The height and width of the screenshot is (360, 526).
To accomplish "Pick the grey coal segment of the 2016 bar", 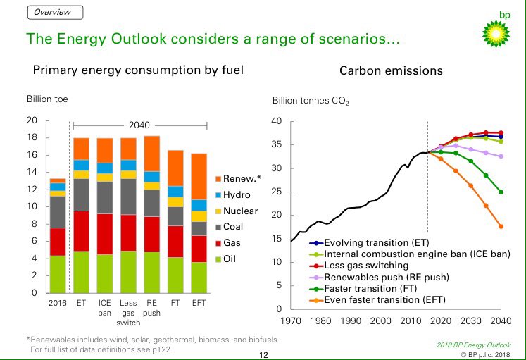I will pyautogui.click(x=57, y=211).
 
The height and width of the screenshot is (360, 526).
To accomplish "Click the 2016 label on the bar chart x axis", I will pyautogui.click(x=57, y=303).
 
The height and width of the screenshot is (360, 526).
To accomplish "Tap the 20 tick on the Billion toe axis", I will pyautogui.click(x=31, y=120).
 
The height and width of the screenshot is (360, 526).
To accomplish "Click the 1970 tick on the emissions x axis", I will pyautogui.click(x=290, y=321).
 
